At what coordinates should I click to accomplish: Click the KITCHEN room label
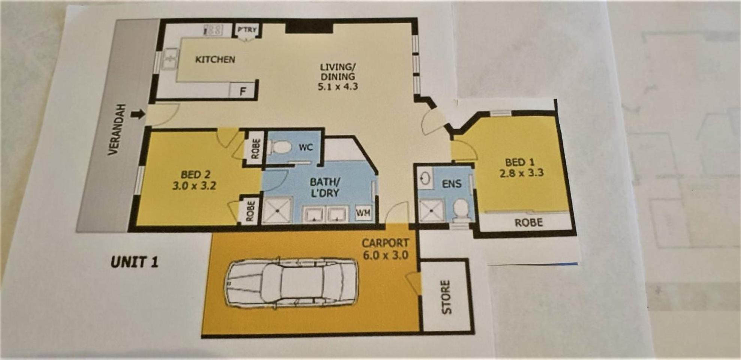point(215,59)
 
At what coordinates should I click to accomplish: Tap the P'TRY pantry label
point(247,30)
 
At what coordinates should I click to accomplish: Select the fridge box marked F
point(243,91)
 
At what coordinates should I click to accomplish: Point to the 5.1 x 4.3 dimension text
point(337,87)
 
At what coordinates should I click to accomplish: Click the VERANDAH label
point(114,129)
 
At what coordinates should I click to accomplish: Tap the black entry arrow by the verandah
point(138,114)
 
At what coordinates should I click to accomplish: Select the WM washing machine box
point(363,213)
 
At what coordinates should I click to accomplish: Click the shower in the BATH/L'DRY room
point(277,210)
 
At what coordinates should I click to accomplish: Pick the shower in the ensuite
point(431,211)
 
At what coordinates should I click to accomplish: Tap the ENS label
point(452,184)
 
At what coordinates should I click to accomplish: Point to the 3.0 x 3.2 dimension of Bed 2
point(194,186)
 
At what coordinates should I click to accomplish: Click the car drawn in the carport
point(290,283)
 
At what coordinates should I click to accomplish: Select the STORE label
point(446,297)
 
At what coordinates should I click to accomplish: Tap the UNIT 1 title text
point(135,262)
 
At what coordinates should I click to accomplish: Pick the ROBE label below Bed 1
point(528,223)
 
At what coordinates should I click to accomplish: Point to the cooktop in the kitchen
point(213,30)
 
